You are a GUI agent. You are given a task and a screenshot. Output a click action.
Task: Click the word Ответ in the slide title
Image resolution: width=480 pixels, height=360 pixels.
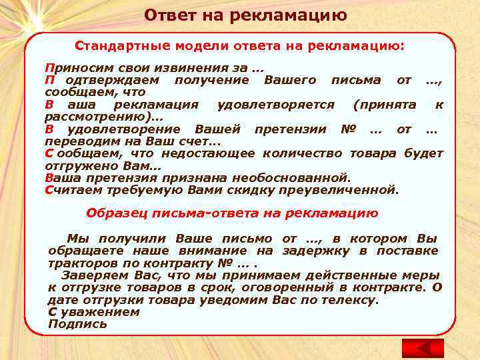click(x=167, y=15)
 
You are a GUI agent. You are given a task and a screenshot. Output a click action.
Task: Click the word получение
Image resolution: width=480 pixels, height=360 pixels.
click(x=211, y=80)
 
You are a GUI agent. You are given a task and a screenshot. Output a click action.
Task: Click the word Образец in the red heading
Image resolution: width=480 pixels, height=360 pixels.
click(x=112, y=213)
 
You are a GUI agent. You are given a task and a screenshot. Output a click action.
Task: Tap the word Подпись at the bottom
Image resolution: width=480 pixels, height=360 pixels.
click(x=77, y=324)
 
